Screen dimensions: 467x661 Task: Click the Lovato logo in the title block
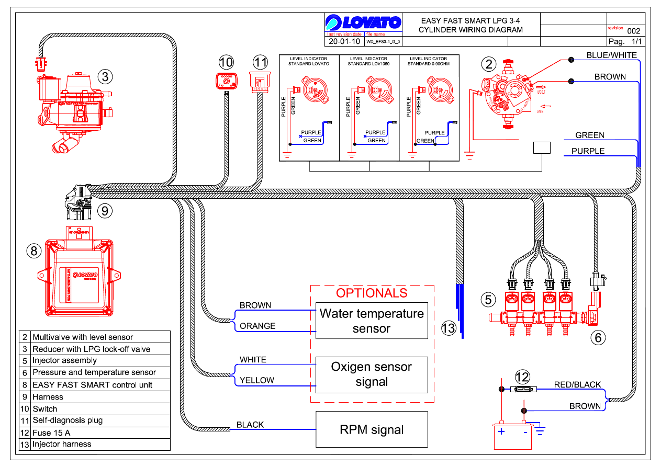pos(363,23)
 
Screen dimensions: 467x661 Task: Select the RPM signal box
pos(372,430)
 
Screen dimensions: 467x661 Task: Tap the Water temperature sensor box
pos(372,321)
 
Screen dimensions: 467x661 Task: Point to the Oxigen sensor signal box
pos(372,374)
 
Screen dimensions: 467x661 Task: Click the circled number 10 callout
pos(226,62)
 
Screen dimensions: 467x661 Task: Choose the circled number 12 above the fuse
pos(522,377)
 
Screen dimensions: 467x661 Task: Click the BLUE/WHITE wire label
pos(611,55)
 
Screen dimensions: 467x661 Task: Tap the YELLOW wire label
pos(257,380)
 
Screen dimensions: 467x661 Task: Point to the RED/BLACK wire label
pos(577,384)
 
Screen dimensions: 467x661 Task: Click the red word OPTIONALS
pos(372,293)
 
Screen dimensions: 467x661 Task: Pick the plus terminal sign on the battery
pos(501,431)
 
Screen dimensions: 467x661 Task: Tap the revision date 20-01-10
pos(343,41)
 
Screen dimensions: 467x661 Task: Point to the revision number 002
pos(633,31)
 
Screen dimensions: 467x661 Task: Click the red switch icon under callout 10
pos(226,81)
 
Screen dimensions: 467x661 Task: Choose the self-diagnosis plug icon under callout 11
pos(260,81)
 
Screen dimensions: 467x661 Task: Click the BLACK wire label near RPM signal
pos(250,425)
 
